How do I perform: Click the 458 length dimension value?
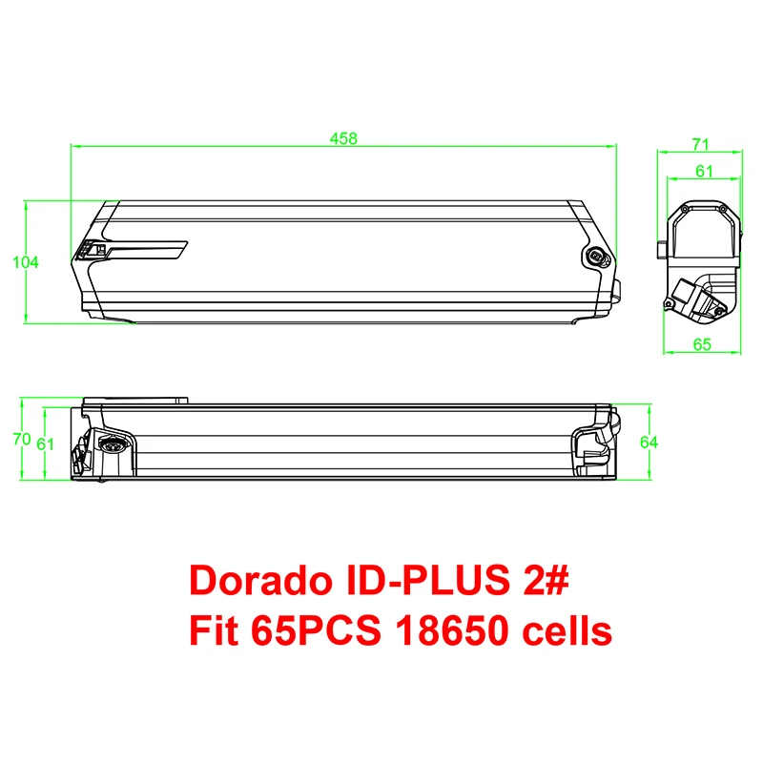coord(343,138)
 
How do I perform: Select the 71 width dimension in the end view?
coord(701,144)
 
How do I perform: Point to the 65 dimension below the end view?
coord(702,344)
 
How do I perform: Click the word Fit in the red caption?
coord(215,630)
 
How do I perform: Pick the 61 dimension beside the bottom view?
coord(45,443)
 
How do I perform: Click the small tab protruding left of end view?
coord(660,250)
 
